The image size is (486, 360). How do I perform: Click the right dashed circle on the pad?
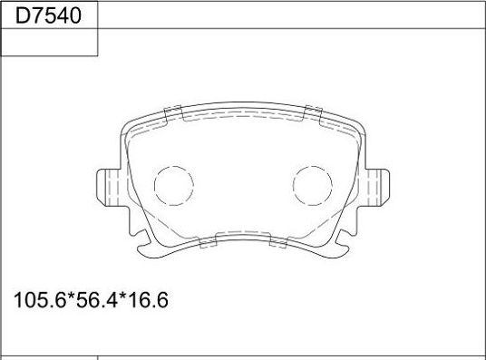click(313, 187)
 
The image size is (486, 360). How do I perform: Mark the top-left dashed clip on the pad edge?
click(173, 113)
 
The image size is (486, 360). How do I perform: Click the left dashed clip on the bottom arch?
click(208, 243)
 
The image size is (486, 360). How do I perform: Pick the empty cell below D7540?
click(49, 43)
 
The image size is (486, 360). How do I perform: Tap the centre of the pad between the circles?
click(242, 187)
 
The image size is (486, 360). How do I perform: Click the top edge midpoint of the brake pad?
click(242, 116)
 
